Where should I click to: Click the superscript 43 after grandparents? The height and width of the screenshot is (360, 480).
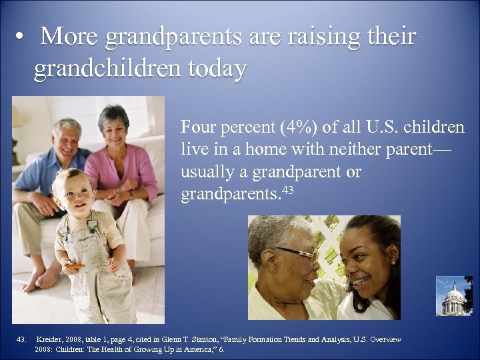click(287, 191)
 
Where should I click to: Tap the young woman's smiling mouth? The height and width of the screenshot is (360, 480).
click(361, 280)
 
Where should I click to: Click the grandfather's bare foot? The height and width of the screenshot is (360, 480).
click(33, 280)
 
